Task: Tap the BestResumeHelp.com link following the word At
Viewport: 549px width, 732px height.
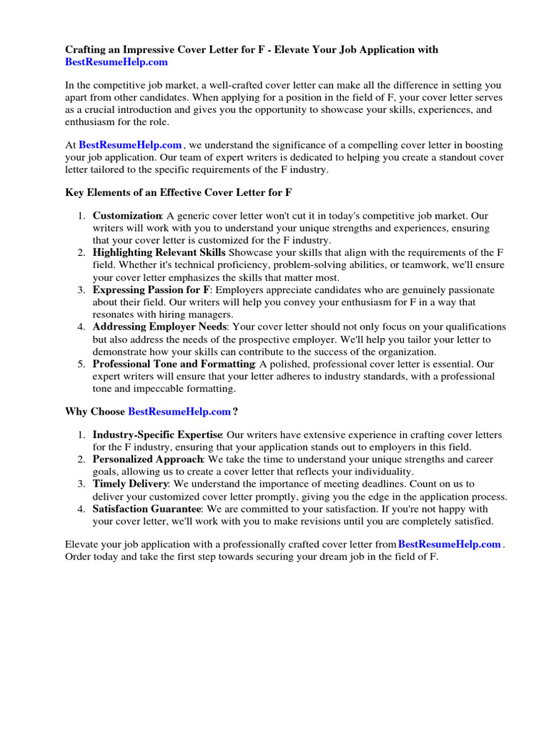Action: pyautogui.click(x=130, y=144)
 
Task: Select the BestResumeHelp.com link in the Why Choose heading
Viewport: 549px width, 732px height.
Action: pyautogui.click(x=179, y=411)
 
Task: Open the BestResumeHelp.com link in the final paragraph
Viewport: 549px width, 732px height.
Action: pyautogui.click(x=449, y=544)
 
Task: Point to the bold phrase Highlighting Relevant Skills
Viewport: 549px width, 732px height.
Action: pyautogui.click(x=159, y=252)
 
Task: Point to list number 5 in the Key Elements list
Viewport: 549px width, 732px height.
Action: pyautogui.click(x=82, y=364)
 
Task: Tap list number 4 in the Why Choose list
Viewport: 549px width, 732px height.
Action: pyautogui.click(x=82, y=509)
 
